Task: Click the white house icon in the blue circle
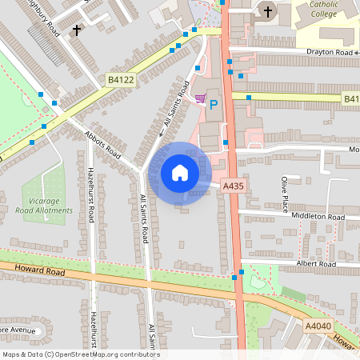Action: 180,172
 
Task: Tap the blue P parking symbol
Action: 214,104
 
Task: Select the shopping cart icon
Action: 200,99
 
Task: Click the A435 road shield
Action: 233,186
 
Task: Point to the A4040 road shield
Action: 318,326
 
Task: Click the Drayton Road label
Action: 329,52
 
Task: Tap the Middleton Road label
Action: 318,217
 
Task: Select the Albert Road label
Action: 316,264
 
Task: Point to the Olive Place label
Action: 284,195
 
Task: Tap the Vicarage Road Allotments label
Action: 44,206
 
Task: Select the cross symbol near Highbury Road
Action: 77,30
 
